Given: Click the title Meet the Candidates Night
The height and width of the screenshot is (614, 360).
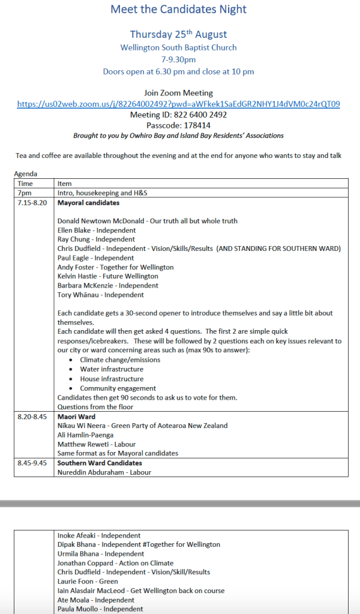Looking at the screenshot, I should pyautogui.click(x=179, y=9).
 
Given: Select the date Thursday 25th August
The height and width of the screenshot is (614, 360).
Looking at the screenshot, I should pyautogui.click(x=179, y=34).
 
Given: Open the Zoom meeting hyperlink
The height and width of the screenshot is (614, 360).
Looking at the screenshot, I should pyautogui.click(x=179, y=104).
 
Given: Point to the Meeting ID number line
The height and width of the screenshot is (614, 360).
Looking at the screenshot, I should pyautogui.click(x=179, y=115).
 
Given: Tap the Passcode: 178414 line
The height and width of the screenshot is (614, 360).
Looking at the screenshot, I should pyautogui.click(x=179, y=125).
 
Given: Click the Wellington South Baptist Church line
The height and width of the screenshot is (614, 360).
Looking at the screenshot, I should pyautogui.click(x=179, y=47).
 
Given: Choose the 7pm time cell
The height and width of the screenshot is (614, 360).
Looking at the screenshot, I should pyautogui.click(x=25, y=193).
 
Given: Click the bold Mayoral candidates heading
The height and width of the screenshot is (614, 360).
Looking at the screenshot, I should pyautogui.click(x=88, y=203).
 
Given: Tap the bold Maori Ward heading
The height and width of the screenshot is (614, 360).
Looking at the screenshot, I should pyautogui.click(x=76, y=417).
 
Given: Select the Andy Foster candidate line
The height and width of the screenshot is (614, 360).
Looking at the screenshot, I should pyautogui.click(x=115, y=267).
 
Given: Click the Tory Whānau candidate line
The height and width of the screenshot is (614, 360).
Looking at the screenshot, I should pyautogui.click(x=100, y=295).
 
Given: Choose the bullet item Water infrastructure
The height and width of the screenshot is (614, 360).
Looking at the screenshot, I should pyautogui.click(x=112, y=369).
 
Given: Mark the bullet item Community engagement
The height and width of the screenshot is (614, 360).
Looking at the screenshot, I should pyautogui.click(x=118, y=388).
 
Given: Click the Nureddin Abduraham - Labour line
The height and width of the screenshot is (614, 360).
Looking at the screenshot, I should pyautogui.click(x=104, y=472).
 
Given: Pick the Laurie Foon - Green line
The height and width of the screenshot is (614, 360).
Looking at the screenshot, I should pyautogui.click(x=88, y=582).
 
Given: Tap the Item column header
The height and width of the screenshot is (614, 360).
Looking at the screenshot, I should pyautogui.click(x=64, y=184).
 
